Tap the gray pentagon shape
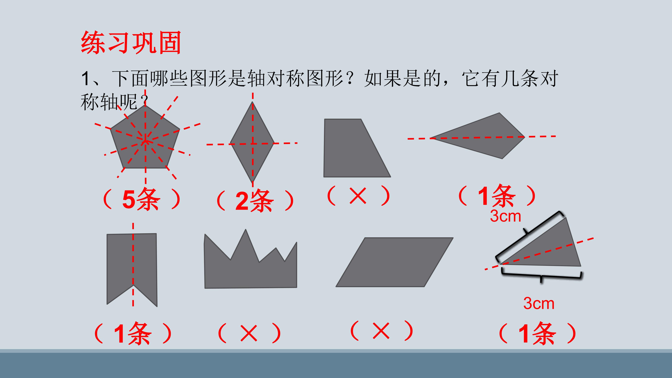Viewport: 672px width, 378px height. pos(145,138)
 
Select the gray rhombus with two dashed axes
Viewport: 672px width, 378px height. pos(252,142)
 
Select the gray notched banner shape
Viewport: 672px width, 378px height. pos(132,269)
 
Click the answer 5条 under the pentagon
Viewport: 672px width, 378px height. pos(141,200)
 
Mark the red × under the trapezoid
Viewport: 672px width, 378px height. pos(358,196)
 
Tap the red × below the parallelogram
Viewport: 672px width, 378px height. pos(381,331)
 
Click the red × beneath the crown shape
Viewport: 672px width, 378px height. pos(249,333)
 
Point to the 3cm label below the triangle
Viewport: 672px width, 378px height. pos(539,303)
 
